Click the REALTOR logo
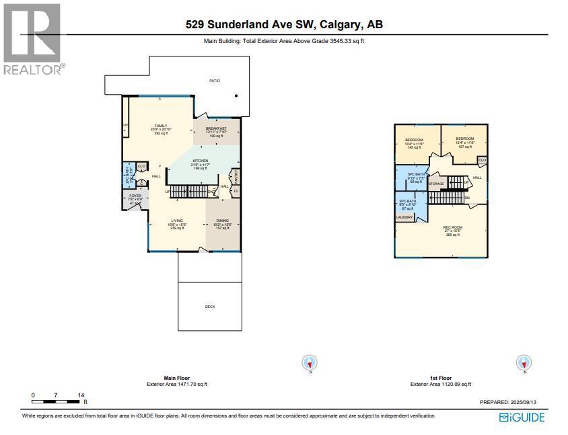32,38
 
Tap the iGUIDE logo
522,418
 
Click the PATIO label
214,81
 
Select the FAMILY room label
160,126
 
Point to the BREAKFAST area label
216,128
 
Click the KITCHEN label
200,161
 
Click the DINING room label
223,221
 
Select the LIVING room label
177,221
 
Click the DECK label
209,307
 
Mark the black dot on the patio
236,96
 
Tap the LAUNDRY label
404,217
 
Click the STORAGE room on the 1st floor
436,183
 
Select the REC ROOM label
451,227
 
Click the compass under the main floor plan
310,363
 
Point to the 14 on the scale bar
81,395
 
